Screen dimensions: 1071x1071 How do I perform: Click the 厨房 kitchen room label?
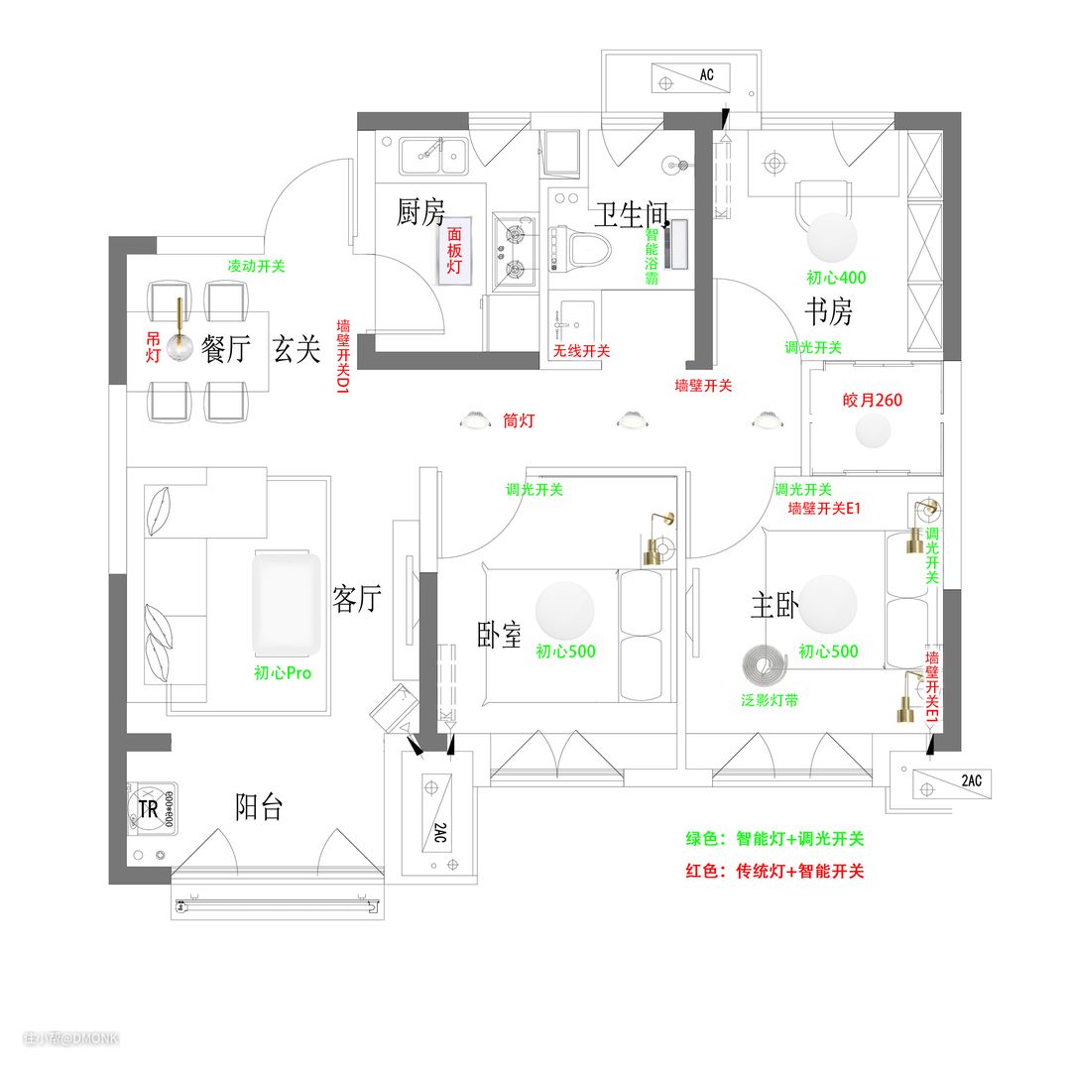click(420, 212)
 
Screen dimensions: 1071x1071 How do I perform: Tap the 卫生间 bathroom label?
click(631, 214)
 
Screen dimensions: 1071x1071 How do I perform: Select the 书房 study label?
click(828, 311)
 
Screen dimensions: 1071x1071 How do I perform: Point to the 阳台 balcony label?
click(259, 806)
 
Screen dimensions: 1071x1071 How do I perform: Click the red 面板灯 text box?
click(454, 251)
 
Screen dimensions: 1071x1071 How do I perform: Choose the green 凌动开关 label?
click(256, 266)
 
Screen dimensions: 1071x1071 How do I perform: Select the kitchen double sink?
click(434, 156)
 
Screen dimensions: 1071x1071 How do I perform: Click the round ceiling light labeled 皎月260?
click(873, 430)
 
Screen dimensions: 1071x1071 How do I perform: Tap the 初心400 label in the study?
click(836, 278)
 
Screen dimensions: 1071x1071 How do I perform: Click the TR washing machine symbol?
click(153, 809)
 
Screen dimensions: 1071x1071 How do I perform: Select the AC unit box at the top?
click(690, 78)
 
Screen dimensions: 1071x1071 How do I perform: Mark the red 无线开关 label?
click(581, 350)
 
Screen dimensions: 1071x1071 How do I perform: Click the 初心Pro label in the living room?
click(283, 672)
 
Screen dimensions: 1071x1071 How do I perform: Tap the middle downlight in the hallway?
click(633, 420)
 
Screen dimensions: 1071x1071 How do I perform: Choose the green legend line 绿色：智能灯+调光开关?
click(774, 838)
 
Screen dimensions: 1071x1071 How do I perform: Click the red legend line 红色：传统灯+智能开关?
click(774, 871)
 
